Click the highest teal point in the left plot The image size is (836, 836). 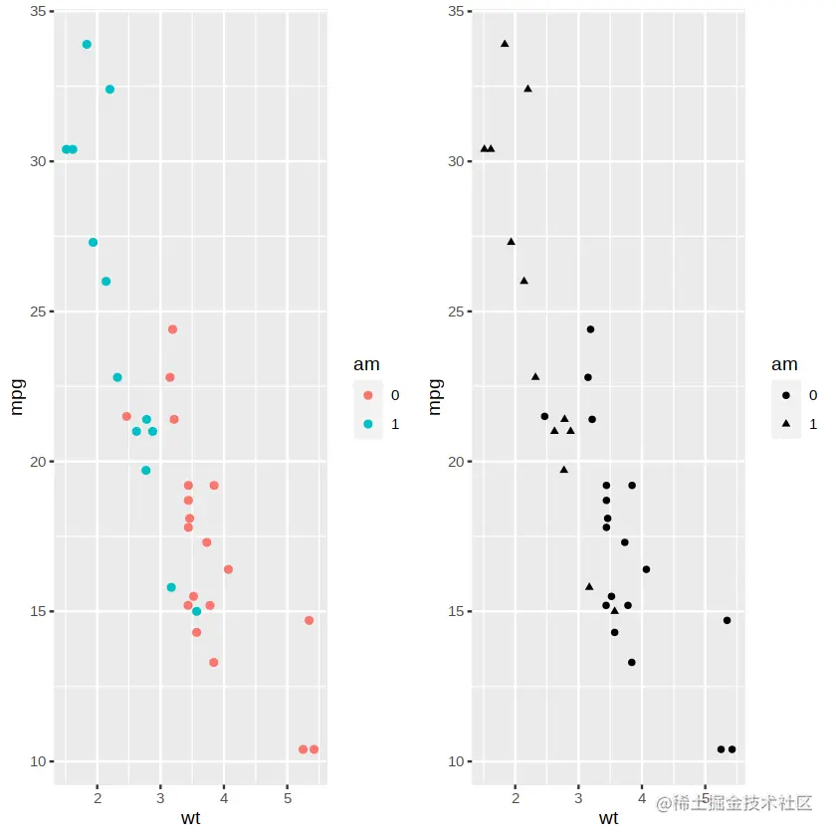(x=87, y=45)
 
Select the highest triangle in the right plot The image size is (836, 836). (x=505, y=44)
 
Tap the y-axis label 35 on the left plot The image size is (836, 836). (x=37, y=11)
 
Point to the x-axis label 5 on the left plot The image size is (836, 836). (x=288, y=798)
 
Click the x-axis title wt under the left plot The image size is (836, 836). (x=190, y=818)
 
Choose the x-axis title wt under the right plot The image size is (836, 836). (x=608, y=818)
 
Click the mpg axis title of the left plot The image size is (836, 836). (x=17, y=396)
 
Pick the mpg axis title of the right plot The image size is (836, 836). (x=435, y=396)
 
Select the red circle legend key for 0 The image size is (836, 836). (x=368, y=395)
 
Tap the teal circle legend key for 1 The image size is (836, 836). (x=368, y=424)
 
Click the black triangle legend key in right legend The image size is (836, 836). (x=786, y=424)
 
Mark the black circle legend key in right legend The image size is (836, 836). (x=786, y=395)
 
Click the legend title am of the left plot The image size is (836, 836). (x=366, y=365)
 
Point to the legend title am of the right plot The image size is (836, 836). (x=784, y=365)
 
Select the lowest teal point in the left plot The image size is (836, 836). (x=196, y=611)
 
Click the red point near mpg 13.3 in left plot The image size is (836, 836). (x=214, y=663)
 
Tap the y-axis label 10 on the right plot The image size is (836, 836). (x=455, y=762)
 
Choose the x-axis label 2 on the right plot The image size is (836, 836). (x=516, y=798)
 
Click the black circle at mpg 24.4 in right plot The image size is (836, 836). (x=590, y=329)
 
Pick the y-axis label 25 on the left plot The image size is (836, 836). (x=37, y=312)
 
